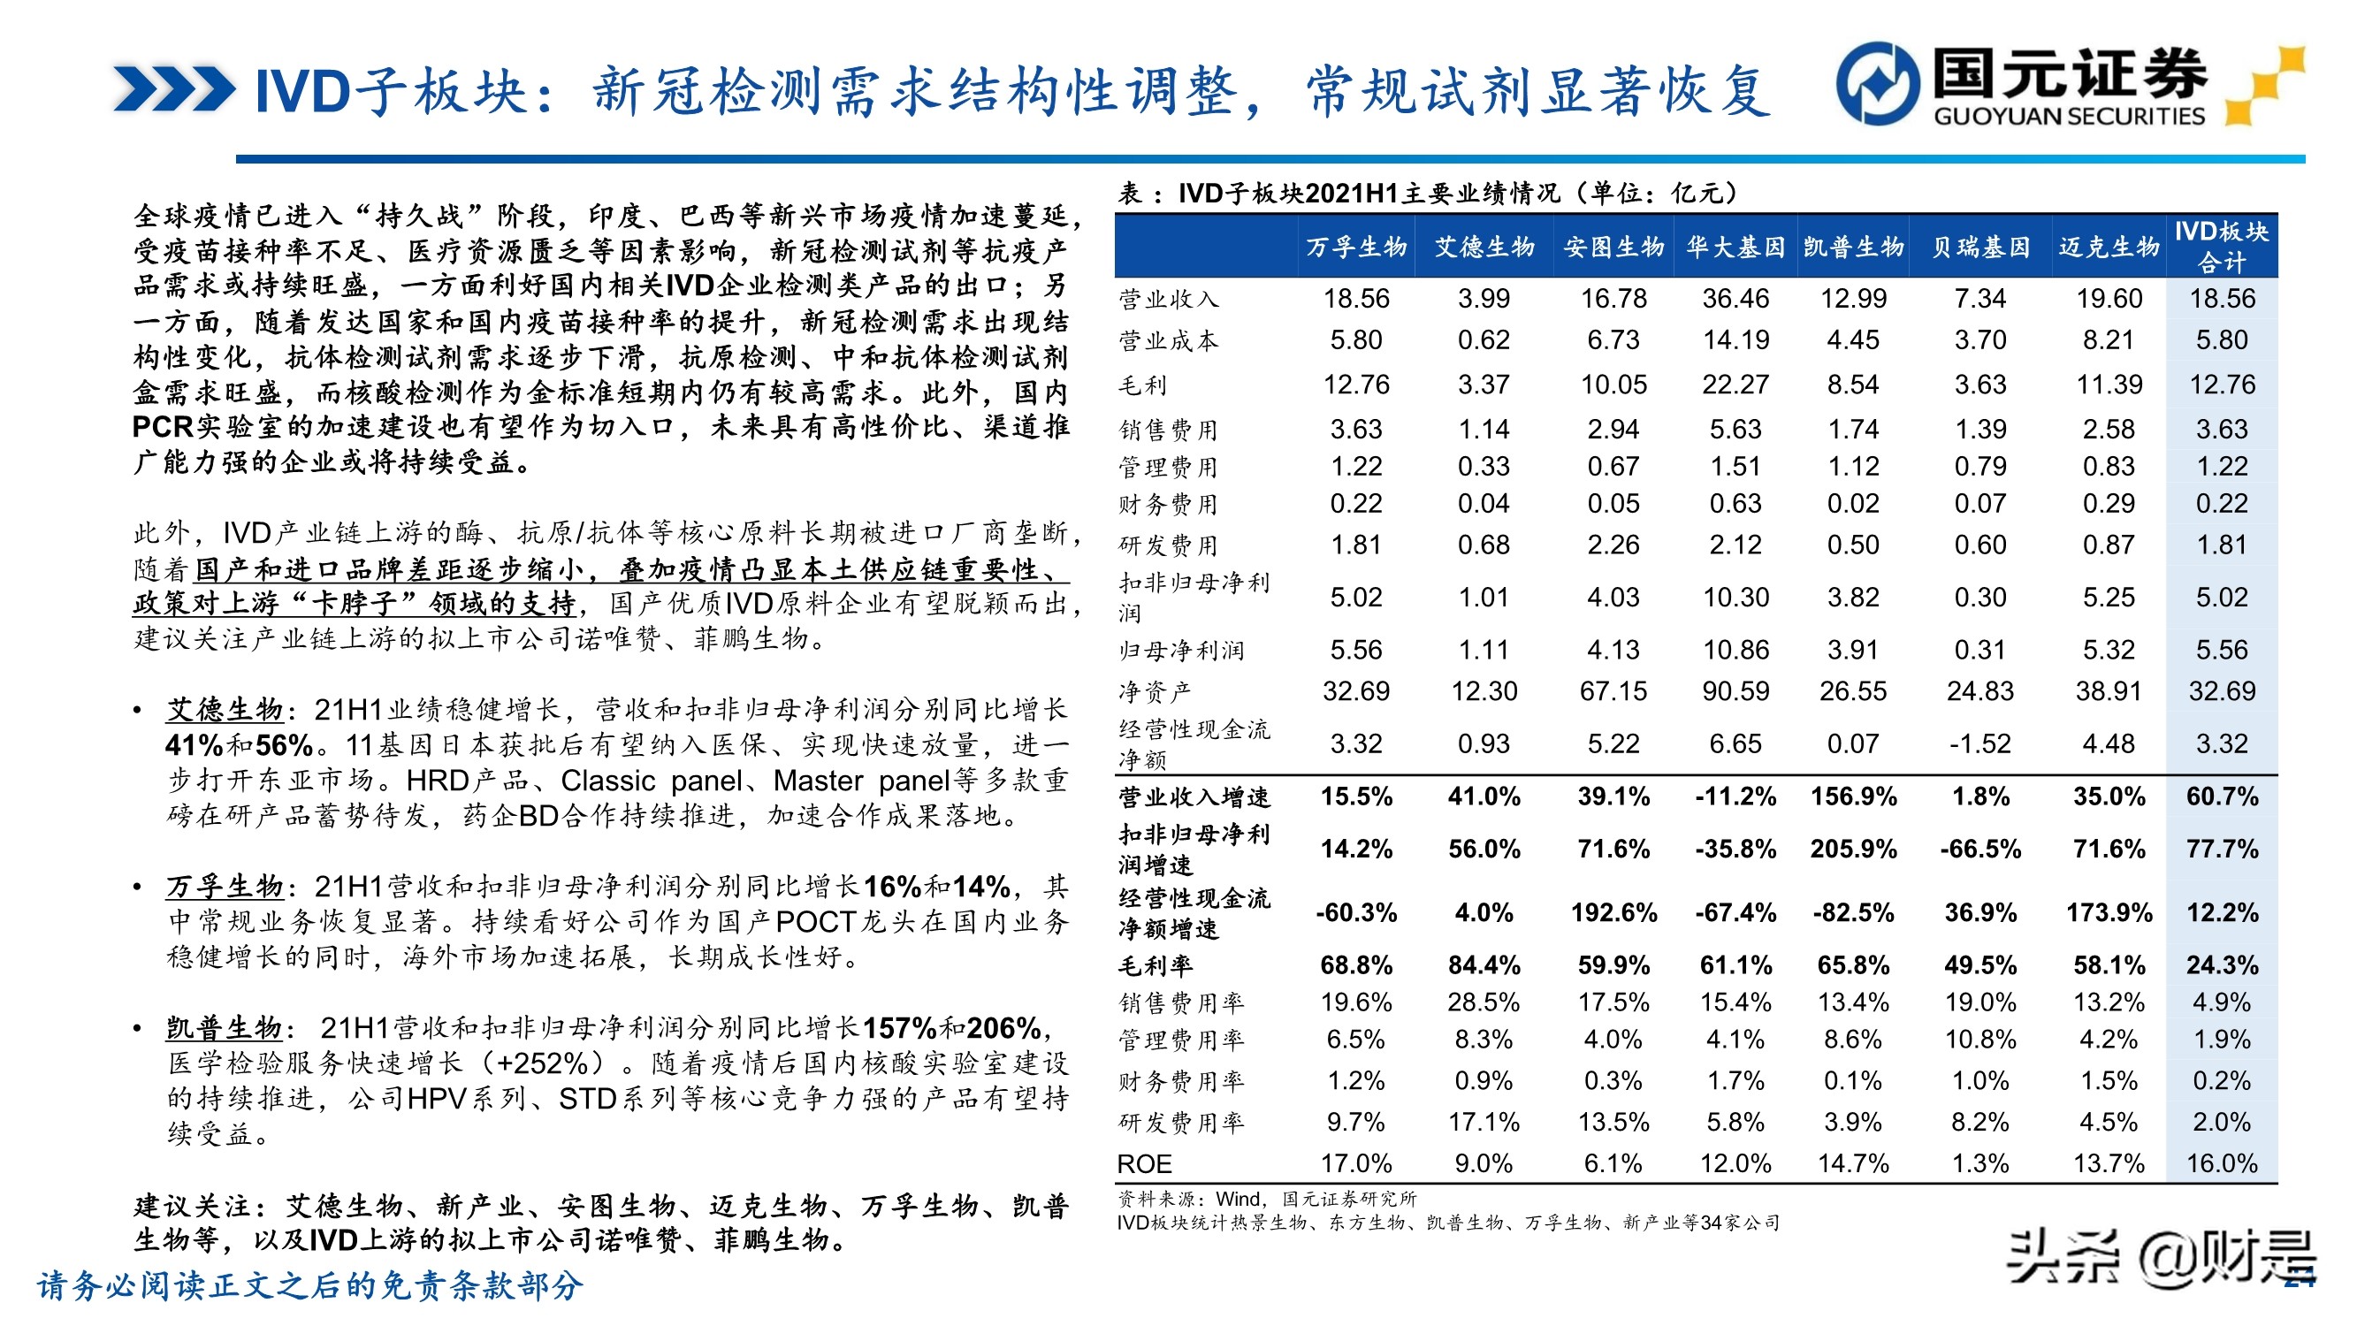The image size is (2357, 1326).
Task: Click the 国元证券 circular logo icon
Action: pos(1878,83)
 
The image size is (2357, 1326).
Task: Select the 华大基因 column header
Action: pos(1735,248)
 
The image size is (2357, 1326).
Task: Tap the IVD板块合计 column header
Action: pos(2221,248)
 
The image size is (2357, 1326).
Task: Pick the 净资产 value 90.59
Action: pos(1735,691)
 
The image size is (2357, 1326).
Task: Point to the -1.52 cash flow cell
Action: pos(1980,743)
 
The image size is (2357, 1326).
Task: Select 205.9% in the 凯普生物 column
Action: pos(1853,849)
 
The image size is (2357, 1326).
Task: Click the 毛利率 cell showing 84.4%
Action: pos(1484,964)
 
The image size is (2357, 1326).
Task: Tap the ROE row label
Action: pos(1144,1164)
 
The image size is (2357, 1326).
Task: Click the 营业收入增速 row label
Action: pos(1194,797)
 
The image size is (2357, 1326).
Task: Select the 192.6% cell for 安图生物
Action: pos(1613,912)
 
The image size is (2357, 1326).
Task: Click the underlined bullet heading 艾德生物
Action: pos(225,709)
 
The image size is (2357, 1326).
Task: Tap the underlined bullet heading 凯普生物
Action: pos(225,1028)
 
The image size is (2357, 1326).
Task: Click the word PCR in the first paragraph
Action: pos(163,427)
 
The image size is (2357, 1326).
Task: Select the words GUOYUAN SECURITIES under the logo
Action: pos(2069,116)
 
